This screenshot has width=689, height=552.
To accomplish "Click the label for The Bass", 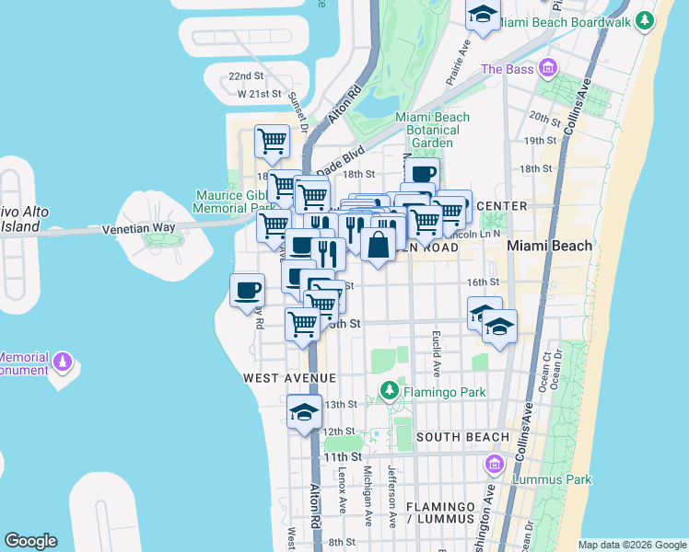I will (x=507, y=69).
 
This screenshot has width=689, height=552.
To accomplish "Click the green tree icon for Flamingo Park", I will (x=390, y=392).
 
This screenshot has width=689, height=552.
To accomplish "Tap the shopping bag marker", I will (x=380, y=245).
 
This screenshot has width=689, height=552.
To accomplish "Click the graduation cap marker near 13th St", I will (x=303, y=413).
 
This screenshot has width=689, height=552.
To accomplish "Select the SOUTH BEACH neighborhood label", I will (x=461, y=436).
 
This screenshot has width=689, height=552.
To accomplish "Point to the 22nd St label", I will (x=246, y=75).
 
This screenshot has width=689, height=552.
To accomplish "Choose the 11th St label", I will (x=341, y=456).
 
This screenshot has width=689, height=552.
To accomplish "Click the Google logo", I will (x=30, y=541).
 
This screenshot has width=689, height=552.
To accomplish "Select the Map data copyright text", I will (x=632, y=545).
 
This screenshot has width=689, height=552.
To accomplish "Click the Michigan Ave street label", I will (x=368, y=495).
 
